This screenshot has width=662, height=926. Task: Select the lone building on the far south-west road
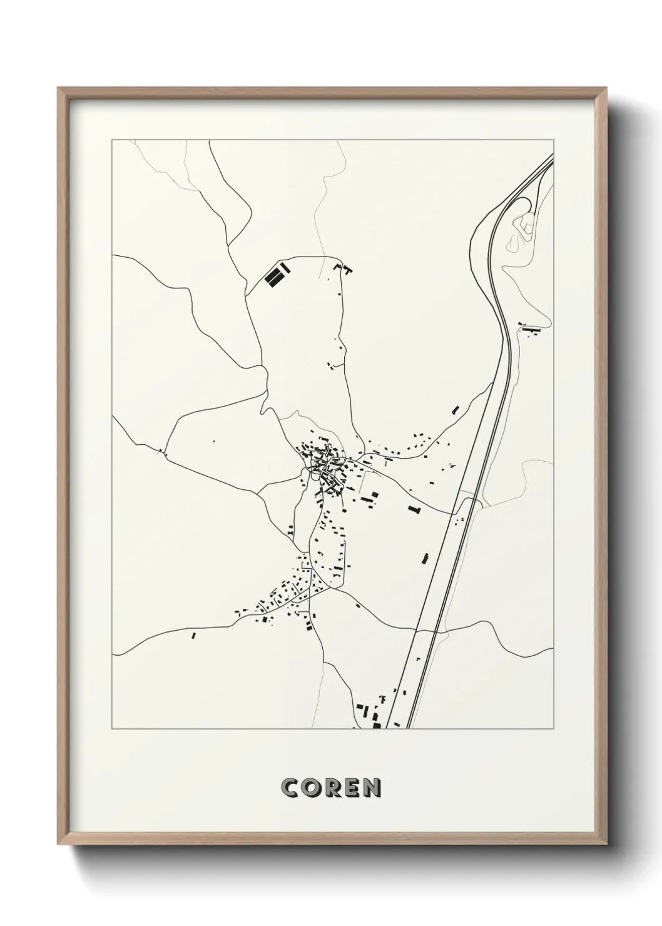click(193, 636)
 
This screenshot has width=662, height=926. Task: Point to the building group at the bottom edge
click(369, 713)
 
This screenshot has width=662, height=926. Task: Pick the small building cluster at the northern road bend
click(344, 270)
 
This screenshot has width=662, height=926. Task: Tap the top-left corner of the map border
click(112, 140)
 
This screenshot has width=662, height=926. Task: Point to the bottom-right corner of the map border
click(554, 729)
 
